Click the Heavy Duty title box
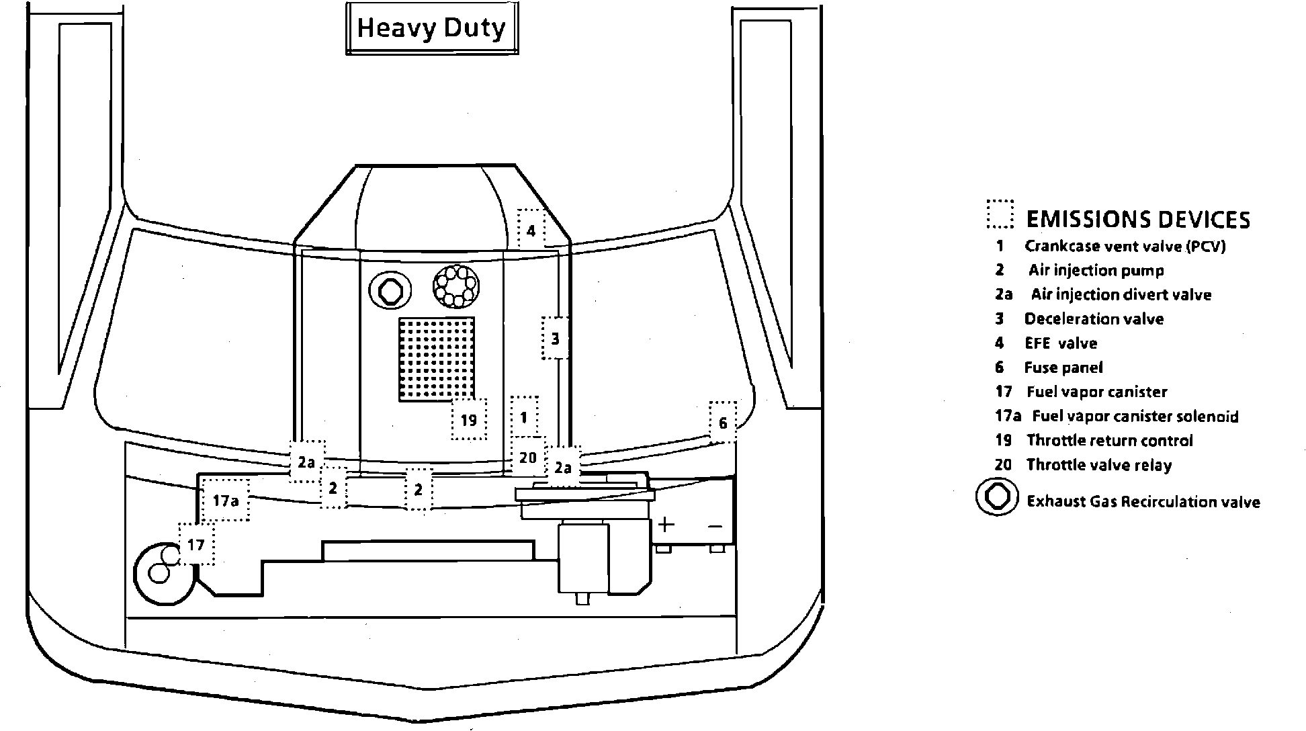[431, 28]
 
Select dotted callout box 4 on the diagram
[531, 230]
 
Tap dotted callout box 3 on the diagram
[555, 339]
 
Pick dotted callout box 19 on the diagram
[469, 420]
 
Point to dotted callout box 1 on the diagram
[524, 417]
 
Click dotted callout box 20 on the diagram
[528, 458]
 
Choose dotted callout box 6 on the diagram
[723, 423]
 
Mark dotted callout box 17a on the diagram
[226, 500]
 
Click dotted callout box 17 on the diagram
[196, 544]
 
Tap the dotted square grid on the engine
[437, 359]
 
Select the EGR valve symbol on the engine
[390, 290]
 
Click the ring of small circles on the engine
[455, 286]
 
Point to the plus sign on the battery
[665, 525]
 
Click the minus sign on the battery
[715, 526]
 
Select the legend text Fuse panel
[1063, 368]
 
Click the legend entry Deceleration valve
[1094, 319]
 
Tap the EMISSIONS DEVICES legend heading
[1138, 220]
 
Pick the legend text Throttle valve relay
[1098, 465]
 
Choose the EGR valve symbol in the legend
[997, 497]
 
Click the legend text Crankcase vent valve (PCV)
[1125, 247]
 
